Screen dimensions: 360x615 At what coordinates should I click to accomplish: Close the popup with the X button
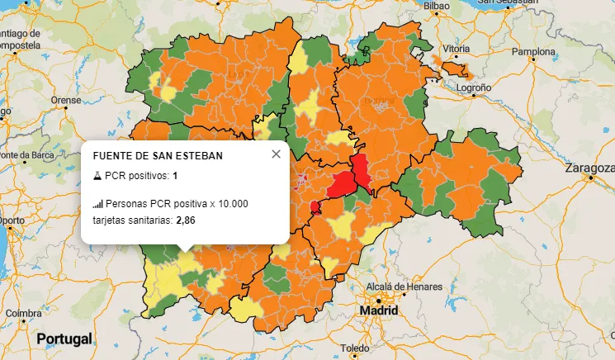point(276,154)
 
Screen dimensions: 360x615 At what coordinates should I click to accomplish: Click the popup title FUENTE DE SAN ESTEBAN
point(158,155)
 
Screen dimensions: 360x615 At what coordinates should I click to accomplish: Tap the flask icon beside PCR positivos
point(97,176)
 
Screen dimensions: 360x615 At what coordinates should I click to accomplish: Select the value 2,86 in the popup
point(185,220)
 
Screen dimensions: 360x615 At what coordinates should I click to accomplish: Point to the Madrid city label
point(378,311)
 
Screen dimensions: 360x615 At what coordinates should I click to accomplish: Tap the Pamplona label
point(534,51)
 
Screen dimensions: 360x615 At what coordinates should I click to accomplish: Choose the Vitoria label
point(456,50)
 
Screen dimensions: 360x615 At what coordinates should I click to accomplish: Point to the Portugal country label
point(64,339)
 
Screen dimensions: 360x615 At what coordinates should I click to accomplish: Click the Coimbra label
point(23,314)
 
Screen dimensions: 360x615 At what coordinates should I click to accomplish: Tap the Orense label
point(67,100)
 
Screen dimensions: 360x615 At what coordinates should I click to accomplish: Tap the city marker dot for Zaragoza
point(590,178)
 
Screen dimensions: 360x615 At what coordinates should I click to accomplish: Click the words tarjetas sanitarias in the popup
point(132,220)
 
